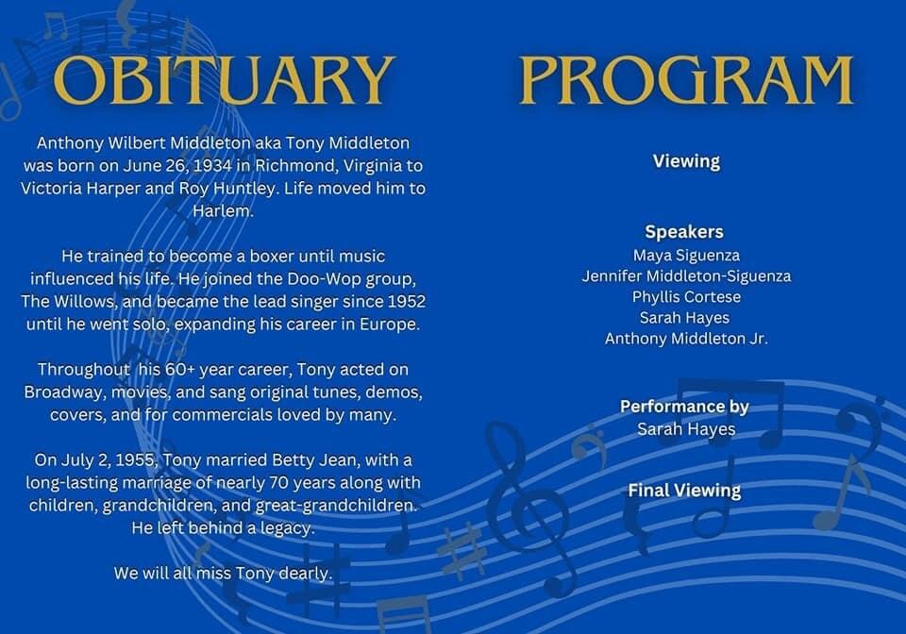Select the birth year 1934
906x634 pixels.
(212, 166)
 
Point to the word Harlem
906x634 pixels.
(223, 210)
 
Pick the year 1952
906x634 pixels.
(406, 301)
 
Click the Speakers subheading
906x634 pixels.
(684, 232)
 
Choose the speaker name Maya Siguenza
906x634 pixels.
(686, 256)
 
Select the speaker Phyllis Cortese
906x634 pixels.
(686, 297)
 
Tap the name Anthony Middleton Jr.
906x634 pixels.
(686, 339)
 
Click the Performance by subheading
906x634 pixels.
(684, 407)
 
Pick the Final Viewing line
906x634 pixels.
(684, 491)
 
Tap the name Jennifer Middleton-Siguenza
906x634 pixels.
(686, 276)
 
